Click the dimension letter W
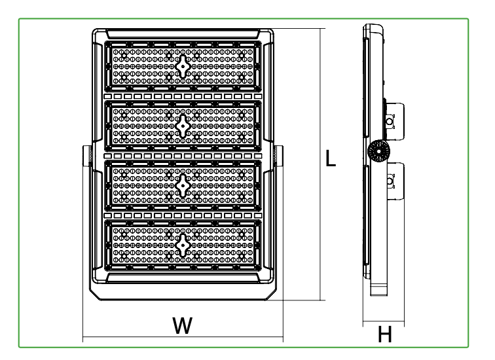tap(183, 325)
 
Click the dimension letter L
tap(331, 158)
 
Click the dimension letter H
tap(385, 334)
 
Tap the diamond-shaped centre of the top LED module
tap(183, 66)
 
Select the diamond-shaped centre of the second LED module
tap(183, 126)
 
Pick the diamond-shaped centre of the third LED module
tap(183, 185)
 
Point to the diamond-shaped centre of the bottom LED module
tap(183, 245)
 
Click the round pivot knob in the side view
tap(378, 151)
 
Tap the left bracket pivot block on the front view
tap(87, 156)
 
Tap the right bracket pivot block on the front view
tap(279, 156)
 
